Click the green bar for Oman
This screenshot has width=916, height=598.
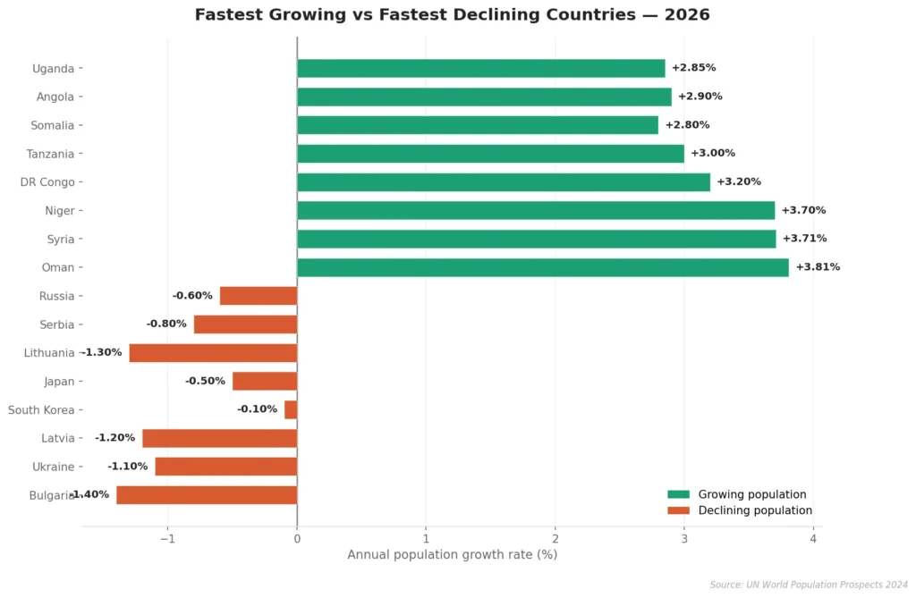click(542, 267)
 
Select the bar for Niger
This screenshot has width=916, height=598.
click(535, 211)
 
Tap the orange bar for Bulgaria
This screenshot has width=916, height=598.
click(207, 494)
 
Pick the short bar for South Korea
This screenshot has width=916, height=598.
click(291, 409)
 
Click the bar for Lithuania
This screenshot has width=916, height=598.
click(213, 353)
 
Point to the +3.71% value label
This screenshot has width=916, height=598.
click(804, 239)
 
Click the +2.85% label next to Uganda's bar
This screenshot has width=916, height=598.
click(693, 68)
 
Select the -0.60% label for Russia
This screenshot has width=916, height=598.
click(192, 296)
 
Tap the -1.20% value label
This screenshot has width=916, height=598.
click(114, 438)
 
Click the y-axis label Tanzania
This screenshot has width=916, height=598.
click(50, 154)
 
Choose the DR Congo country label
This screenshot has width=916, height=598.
click(47, 182)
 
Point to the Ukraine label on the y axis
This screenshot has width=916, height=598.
click(53, 467)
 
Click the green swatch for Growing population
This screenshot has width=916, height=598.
click(679, 494)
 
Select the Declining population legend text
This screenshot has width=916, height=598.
click(755, 510)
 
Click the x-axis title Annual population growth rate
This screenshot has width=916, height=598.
click(452, 555)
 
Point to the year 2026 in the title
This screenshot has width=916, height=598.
click(687, 14)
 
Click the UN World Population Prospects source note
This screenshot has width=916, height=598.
click(809, 585)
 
